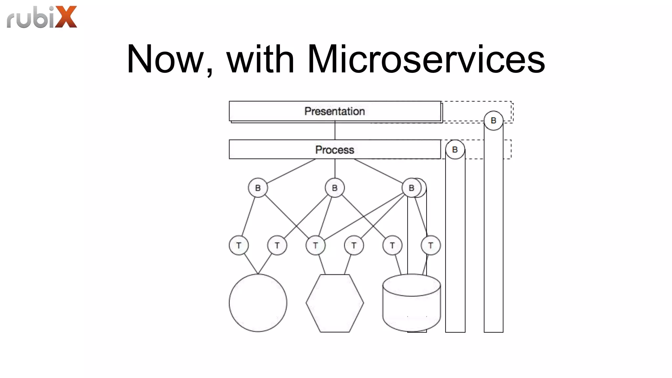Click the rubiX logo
42,17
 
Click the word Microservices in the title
426,59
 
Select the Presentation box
335,111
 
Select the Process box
335,150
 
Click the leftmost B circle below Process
258,188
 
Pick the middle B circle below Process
335,188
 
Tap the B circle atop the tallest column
493,121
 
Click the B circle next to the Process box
455,150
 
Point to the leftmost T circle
239,245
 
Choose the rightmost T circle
430,245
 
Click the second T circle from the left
277,245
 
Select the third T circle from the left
315,245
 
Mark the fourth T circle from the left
354,245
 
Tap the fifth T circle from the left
392,245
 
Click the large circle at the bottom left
258,303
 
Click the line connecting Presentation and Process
335,131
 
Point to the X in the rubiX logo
66,17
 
